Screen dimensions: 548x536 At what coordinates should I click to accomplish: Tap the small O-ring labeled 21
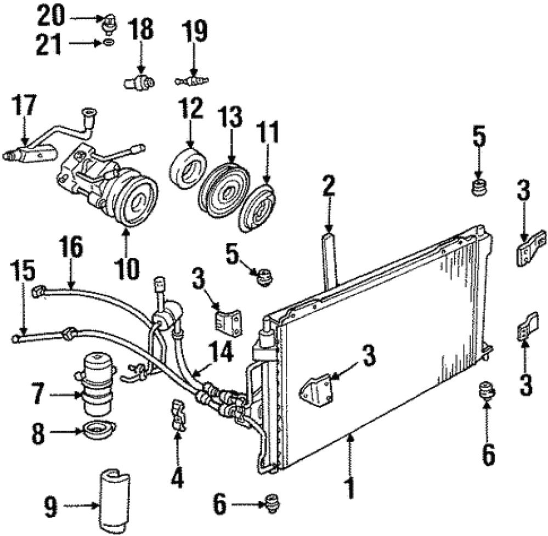coord(109,43)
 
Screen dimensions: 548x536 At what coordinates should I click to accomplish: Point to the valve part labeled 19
coord(192,81)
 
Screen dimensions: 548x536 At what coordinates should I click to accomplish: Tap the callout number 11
coord(267,132)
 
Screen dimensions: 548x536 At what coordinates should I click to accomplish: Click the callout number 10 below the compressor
coord(127,269)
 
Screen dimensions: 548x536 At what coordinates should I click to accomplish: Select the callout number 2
coord(329,185)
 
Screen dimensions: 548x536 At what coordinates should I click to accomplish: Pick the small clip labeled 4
coord(178,415)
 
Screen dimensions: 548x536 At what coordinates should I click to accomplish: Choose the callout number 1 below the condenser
coord(350,488)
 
